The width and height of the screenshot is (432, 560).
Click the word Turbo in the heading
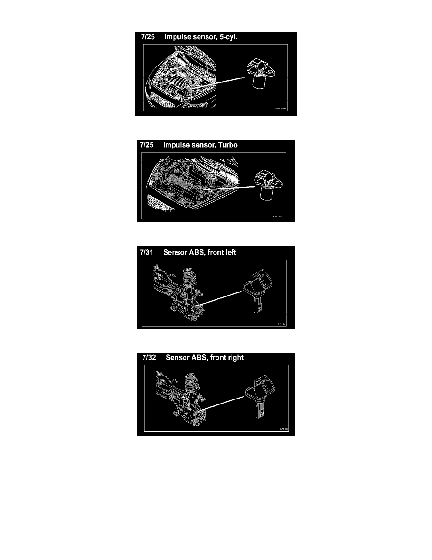tap(227, 145)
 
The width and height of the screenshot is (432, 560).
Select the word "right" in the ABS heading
tap(234, 358)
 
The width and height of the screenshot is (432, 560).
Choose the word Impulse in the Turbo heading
tap(176, 145)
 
